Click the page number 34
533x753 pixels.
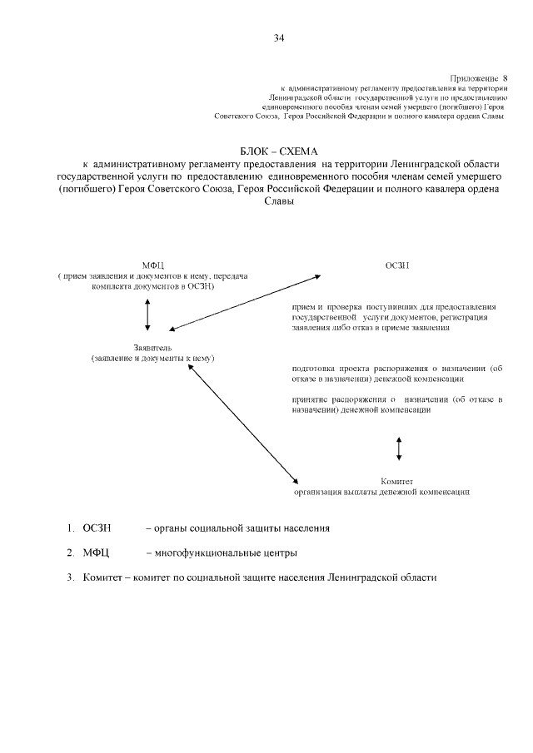click(x=279, y=37)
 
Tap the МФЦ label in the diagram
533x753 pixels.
click(x=153, y=265)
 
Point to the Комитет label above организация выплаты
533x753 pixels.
click(x=397, y=481)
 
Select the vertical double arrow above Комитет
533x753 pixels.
click(x=400, y=447)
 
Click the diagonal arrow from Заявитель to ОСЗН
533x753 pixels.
click(x=245, y=302)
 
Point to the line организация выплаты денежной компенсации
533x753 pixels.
click(x=381, y=492)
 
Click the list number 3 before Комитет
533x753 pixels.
click(x=71, y=577)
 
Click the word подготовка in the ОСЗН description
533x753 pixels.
click(x=314, y=367)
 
